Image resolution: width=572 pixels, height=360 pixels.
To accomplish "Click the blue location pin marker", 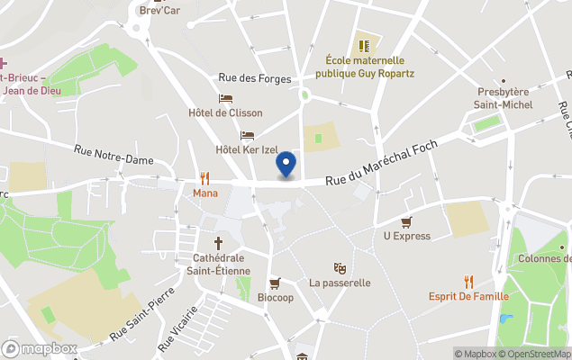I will [x=286, y=164].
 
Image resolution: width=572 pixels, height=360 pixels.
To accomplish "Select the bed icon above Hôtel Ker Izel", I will [x=247, y=135].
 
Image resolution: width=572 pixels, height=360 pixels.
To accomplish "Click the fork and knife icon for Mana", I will [x=205, y=178].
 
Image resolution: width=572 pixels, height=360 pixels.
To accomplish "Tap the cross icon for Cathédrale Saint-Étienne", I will [x=218, y=243].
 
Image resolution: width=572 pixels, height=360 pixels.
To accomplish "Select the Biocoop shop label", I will [x=275, y=298].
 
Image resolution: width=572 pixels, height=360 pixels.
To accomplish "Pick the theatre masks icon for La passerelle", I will [x=340, y=267].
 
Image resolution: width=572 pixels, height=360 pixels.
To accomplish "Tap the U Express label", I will [x=406, y=236].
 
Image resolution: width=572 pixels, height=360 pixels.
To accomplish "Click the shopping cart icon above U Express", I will [x=406, y=221].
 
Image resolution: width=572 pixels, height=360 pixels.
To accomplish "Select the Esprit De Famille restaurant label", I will [x=468, y=296].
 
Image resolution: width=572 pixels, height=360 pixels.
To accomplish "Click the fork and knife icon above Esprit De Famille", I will [x=468, y=282].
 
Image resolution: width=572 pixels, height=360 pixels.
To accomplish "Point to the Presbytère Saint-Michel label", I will [x=503, y=98].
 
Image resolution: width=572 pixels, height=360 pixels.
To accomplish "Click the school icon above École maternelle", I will [x=364, y=45].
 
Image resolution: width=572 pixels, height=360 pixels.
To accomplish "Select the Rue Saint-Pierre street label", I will [x=142, y=317].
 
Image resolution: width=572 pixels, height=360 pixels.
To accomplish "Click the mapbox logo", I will [x=40, y=348].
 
